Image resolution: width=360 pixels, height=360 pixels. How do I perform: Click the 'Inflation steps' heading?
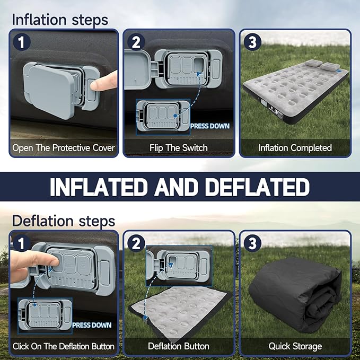[x=59, y=20]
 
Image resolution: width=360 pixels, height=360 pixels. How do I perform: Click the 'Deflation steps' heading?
[x=63, y=220]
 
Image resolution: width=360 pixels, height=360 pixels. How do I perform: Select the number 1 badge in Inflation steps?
[x=21, y=42]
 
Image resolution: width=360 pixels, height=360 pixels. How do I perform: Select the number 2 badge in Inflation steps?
[x=136, y=42]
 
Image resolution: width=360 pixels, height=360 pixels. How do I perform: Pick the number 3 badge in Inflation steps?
[x=252, y=42]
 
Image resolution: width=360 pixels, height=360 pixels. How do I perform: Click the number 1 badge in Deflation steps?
[x=21, y=243]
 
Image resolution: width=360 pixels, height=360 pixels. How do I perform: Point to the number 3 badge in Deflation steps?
[x=252, y=243]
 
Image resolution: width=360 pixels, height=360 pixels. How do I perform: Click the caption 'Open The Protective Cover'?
[x=63, y=148]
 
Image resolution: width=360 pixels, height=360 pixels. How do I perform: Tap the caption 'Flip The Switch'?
[x=178, y=148]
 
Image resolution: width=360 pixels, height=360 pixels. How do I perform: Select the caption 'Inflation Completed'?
[x=295, y=148]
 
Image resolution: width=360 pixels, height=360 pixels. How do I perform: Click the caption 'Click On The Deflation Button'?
[x=63, y=346]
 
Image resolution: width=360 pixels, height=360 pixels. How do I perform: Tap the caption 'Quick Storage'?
[x=295, y=346]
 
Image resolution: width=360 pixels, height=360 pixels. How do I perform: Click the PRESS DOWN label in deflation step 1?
[x=92, y=325]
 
